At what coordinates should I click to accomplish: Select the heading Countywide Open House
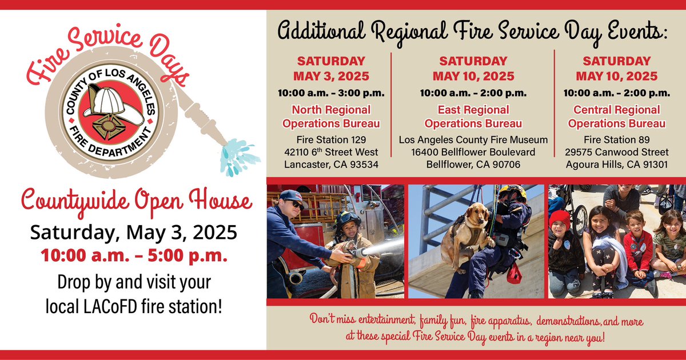point(133,202)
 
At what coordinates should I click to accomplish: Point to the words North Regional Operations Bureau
point(332,116)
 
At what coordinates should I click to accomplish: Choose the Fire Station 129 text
point(332,139)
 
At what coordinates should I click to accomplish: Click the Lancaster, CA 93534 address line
point(332,165)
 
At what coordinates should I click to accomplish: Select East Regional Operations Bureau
point(473,116)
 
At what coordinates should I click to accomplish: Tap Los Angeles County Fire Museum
point(473,139)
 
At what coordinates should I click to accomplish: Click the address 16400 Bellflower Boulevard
point(473,152)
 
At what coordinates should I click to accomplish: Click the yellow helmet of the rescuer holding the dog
point(513,191)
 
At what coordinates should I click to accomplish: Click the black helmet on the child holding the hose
point(347,219)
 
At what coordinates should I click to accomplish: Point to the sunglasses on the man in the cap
point(297,205)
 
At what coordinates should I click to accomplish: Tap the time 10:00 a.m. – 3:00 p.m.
point(332,93)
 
